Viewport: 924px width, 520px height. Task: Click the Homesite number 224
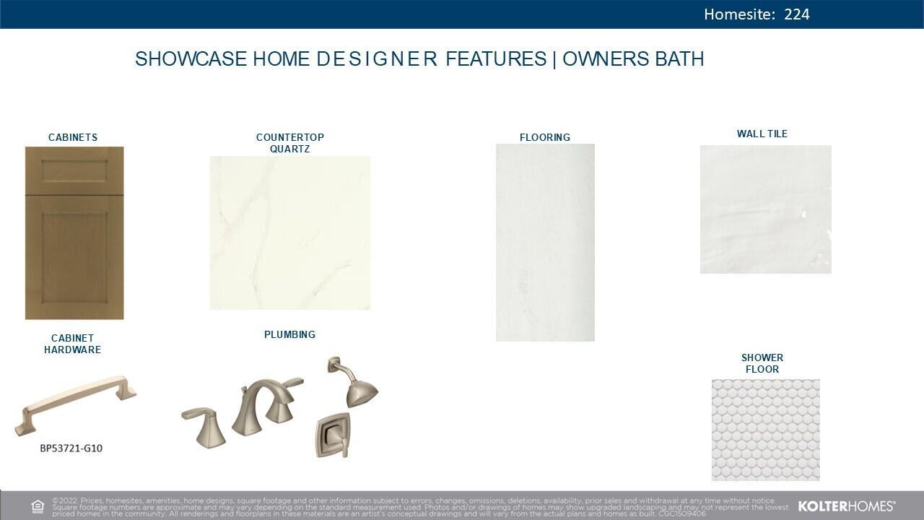[x=796, y=14]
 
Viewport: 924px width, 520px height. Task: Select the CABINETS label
[x=73, y=137]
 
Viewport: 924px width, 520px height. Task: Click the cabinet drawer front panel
[x=74, y=171]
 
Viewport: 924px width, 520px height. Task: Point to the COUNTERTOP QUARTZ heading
[x=290, y=143]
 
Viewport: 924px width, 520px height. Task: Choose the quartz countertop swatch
[x=290, y=233]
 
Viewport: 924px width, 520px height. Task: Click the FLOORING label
[x=545, y=137]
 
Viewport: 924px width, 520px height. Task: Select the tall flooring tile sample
[x=545, y=242]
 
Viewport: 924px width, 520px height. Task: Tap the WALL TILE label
[x=762, y=134]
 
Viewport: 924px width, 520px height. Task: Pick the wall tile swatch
[x=765, y=209]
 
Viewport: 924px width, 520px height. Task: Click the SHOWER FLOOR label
[x=762, y=363]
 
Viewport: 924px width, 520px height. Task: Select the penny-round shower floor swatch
[x=765, y=430]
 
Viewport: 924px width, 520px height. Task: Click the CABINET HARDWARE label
[x=72, y=344]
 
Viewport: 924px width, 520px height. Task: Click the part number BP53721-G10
[x=71, y=448]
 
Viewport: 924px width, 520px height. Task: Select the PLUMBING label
[x=289, y=334]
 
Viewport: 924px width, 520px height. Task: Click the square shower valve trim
[x=333, y=435]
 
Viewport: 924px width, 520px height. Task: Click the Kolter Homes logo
[x=847, y=506]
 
